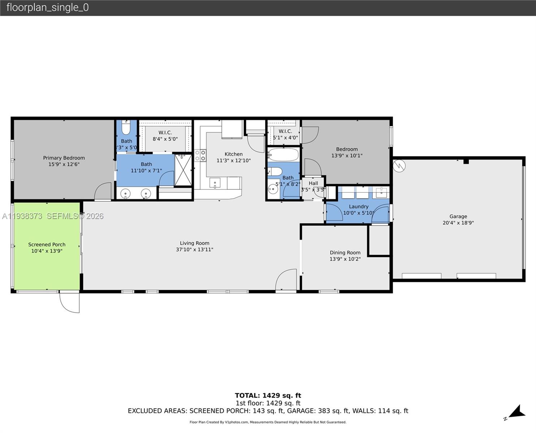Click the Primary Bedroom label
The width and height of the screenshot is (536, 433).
(64, 158)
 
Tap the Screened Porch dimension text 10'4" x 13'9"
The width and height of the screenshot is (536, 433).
(47, 251)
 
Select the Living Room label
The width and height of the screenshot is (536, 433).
(194, 243)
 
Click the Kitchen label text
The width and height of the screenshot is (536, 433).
(233, 154)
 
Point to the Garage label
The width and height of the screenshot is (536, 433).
(458, 216)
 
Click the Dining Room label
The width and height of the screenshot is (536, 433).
(345, 253)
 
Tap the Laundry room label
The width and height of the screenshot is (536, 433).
(358, 206)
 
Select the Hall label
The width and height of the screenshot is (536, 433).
(313, 183)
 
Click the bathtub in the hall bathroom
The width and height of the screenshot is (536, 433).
(284, 155)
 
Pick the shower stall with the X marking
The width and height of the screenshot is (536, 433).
(183, 170)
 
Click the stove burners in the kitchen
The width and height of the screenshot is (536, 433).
(200, 156)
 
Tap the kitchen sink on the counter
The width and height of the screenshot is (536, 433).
(215, 183)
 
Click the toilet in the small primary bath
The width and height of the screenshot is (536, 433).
(126, 128)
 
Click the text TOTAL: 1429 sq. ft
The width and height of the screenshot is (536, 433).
(268, 395)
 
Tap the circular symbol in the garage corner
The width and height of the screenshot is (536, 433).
(399, 166)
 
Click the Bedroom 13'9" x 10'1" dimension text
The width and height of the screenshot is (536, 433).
(347, 156)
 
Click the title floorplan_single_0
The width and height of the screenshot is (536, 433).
(47, 7)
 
